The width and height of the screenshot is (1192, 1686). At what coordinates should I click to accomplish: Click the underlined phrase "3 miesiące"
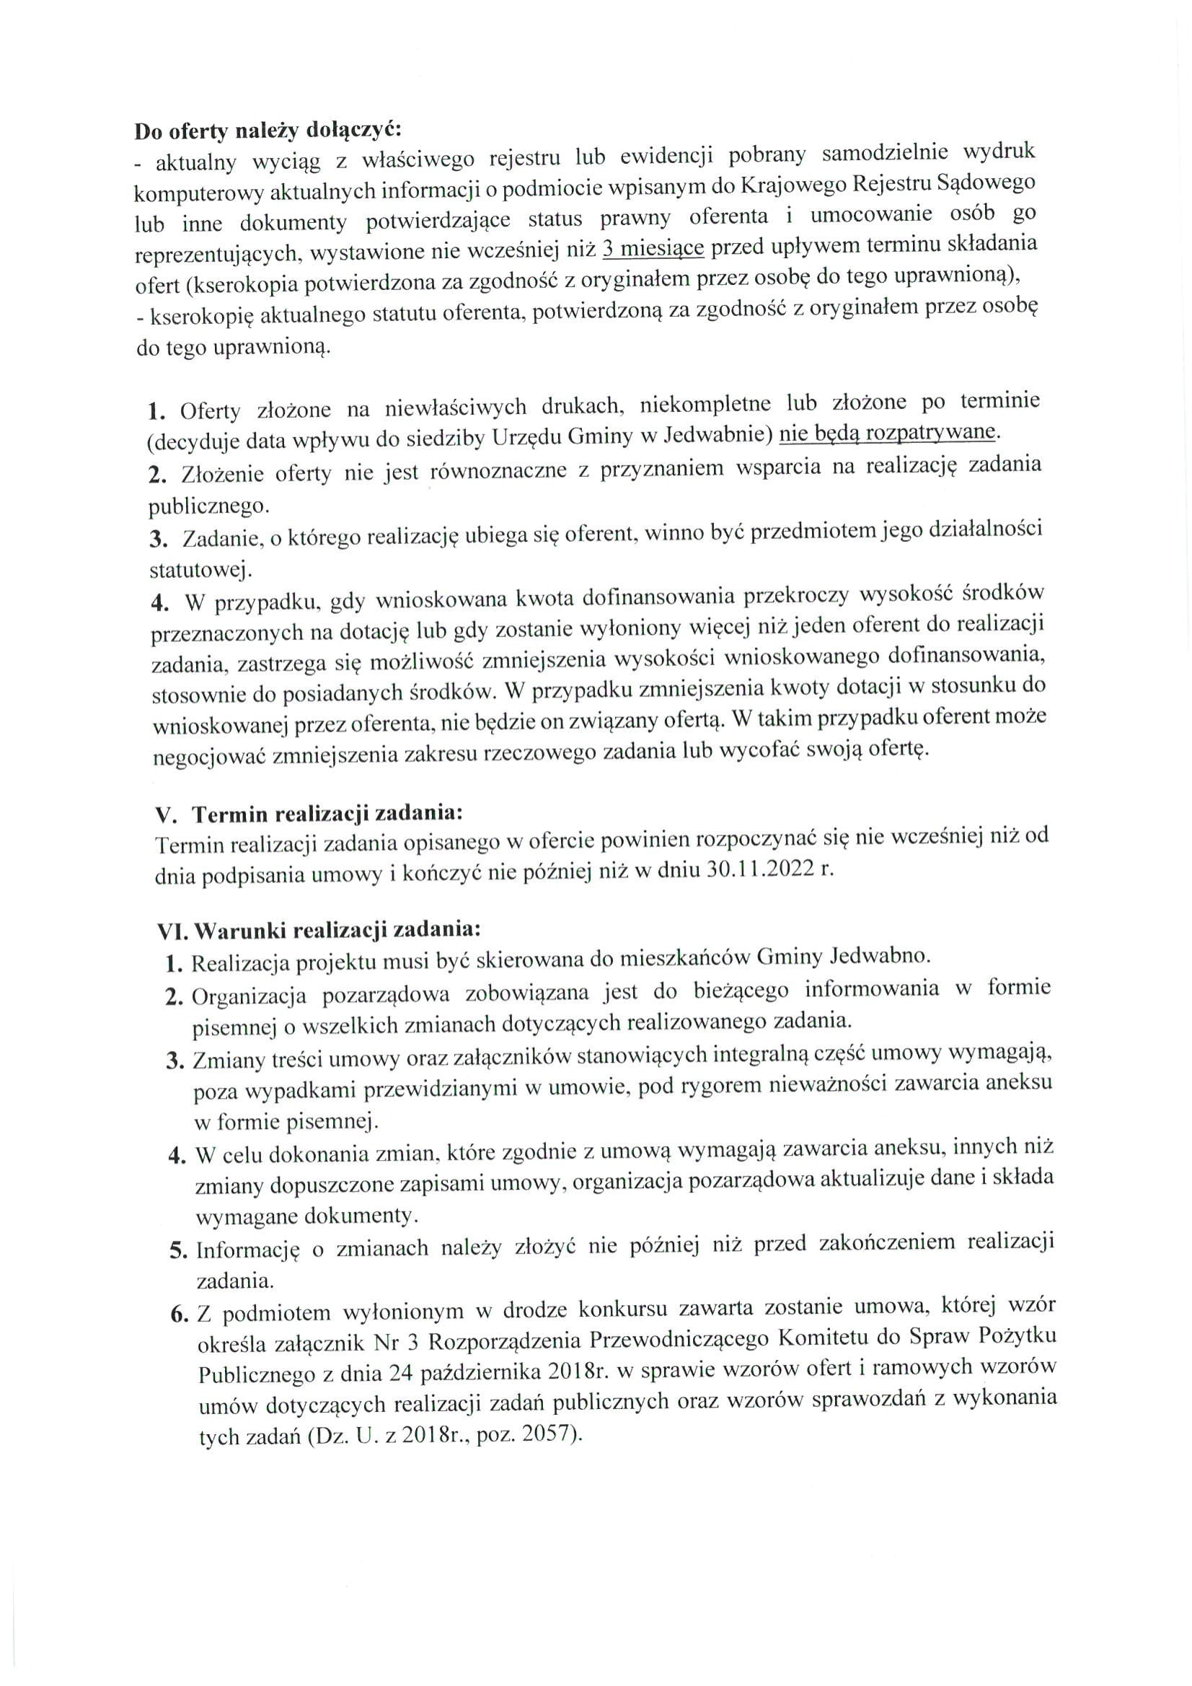[x=653, y=249]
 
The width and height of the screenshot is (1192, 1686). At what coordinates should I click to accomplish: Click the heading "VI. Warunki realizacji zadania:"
[x=319, y=931]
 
